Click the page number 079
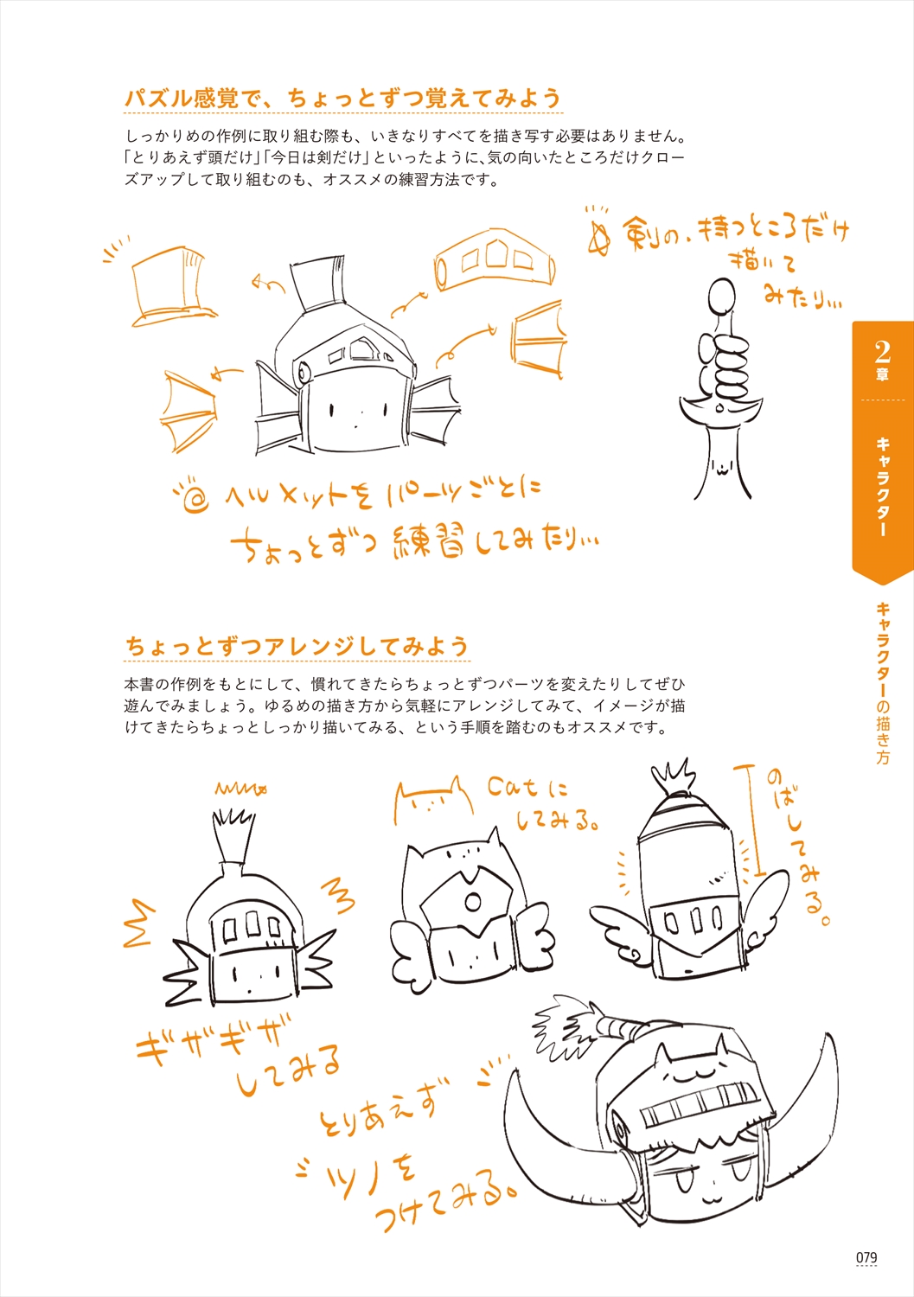pos(866,1257)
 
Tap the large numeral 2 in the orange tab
pos(882,351)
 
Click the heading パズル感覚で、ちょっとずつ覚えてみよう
pos(343,98)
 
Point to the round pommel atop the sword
pos(722,298)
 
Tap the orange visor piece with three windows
pos(495,261)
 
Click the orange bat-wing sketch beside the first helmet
pos(188,410)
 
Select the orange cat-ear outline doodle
pos(433,800)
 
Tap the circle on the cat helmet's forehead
pos(473,902)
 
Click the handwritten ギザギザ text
pos(209,1038)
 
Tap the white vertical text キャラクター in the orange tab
pos(882,486)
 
